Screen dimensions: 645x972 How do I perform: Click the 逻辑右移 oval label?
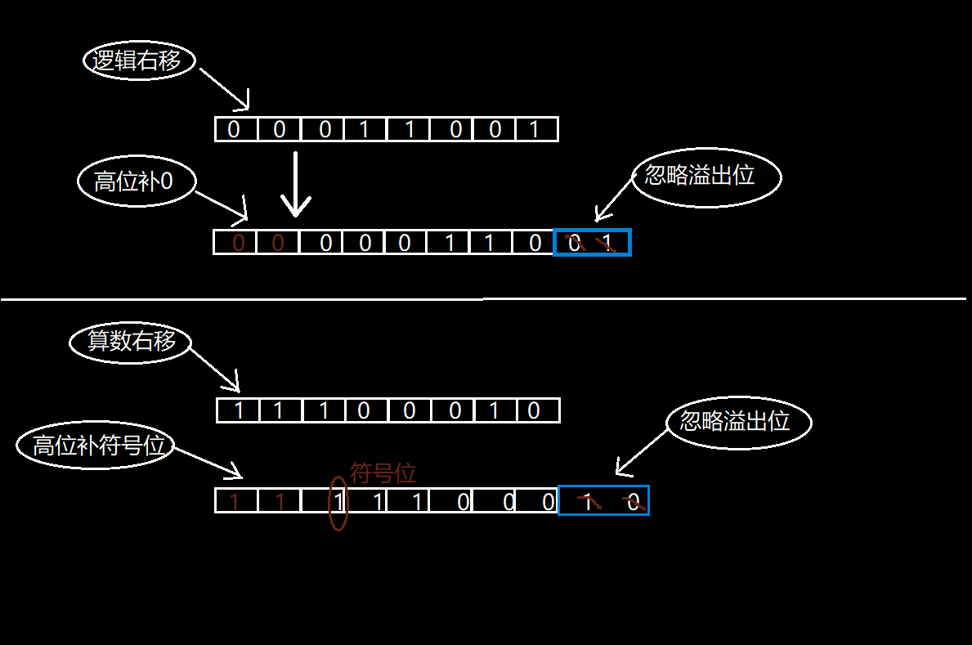140,61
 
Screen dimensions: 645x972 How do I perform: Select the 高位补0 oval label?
137,181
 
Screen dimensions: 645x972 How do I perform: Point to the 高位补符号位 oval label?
96,446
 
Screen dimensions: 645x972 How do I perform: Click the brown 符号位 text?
383,473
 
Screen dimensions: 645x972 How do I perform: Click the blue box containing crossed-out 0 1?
592,243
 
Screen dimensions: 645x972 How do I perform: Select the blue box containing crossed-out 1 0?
603,500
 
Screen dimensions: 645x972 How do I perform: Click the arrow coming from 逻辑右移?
224,88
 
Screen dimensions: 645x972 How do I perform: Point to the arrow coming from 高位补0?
221,206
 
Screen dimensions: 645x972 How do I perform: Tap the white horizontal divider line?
482,299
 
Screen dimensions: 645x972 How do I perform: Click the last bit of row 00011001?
535,129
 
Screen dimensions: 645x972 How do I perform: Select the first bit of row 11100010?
239,410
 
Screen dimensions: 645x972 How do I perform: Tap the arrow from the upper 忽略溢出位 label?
614,200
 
